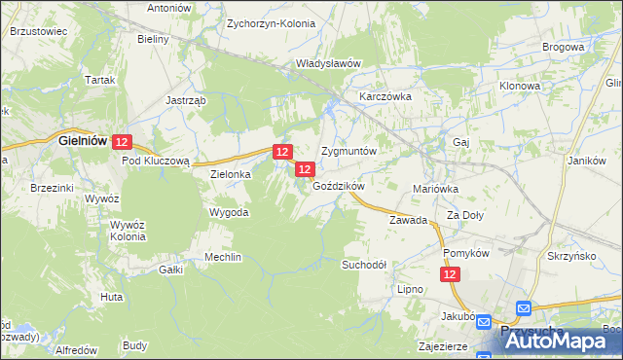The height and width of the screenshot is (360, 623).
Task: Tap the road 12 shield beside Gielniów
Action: [121, 142]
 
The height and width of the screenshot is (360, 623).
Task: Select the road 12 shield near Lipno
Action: [450, 276]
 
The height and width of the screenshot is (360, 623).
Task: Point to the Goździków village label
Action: [339, 186]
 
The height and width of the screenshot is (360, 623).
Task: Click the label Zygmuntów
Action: [348, 153]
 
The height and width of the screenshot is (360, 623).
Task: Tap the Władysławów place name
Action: [329, 64]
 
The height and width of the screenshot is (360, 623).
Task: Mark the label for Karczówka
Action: [386, 98]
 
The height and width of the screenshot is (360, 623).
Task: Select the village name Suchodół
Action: [364, 265]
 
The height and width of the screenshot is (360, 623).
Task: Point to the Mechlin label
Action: [223, 257]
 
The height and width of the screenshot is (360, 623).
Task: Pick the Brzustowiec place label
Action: [38, 31]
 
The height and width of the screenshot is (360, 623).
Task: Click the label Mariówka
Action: [436, 189]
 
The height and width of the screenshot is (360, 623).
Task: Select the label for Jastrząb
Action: [184, 100]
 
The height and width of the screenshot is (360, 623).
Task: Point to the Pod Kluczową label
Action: [161, 161]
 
